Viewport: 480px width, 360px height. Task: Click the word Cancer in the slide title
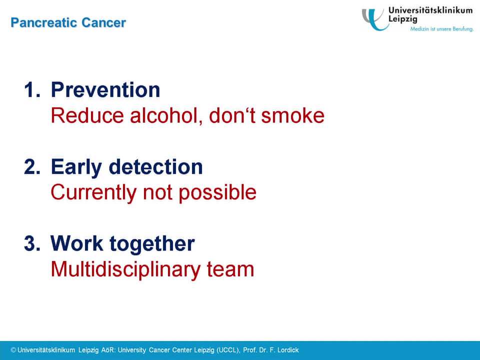click(x=104, y=22)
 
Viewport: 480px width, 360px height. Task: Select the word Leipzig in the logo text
click(x=402, y=18)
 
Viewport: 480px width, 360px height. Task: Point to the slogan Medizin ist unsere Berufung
click(x=441, y=29)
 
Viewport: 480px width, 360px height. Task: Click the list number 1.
click(x=32, y=90)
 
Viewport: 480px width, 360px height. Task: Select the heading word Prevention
click(x=105, y=90)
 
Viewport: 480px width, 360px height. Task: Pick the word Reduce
click(x=87, y=115)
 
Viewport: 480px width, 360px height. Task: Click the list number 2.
click(x=32, y=167)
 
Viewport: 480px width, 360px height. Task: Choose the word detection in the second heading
click(x=156, y=167)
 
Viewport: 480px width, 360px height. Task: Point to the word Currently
click(x=93, y=193)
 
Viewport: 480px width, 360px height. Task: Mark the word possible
click(x=217, y=193)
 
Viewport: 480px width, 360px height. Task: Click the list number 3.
click(x=32, y=243)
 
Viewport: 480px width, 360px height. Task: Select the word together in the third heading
click(x=152, y=244)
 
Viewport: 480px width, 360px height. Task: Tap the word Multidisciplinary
click(x=125, y=269)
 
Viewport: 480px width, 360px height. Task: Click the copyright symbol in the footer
click(x=13, y=350)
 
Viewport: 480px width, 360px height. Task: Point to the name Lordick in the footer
click(x=288, y=350)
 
